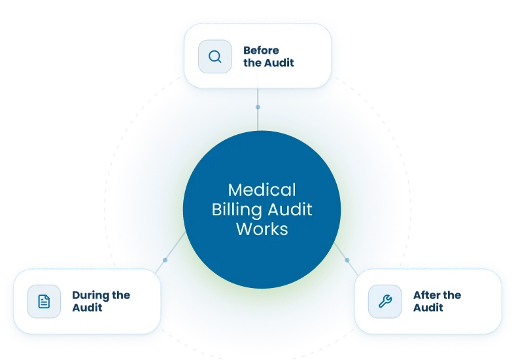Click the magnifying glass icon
[215, 57]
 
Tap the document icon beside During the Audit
[44, 301]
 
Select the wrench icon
[385, 301]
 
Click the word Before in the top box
[261, 50]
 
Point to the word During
[91, 296]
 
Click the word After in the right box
[427, 295]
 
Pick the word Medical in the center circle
[262, 190]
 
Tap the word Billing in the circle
[237, 209]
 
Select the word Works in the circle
[262, 229]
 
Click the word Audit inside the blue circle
[290, 209]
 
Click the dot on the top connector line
[258, 107]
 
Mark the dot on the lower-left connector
[165, 261]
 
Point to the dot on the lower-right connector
[347, 261]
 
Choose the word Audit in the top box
[279, 63]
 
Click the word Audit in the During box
[87, 308]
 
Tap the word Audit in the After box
[428, 308]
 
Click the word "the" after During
[121, 295]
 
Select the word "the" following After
[452, 295]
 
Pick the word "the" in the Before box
[252, 63]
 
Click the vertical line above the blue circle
[258, 109]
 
